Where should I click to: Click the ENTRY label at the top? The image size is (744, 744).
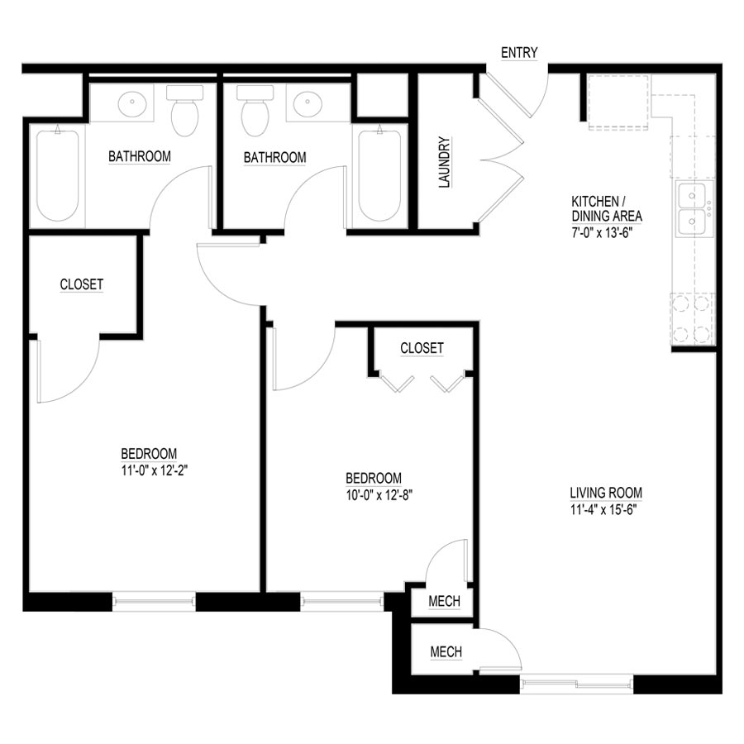coord(519,53)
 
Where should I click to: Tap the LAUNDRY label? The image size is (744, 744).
coord(444,163)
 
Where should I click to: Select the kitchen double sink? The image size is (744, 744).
coord(693,210)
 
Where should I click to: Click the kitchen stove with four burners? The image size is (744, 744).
coord(692,318)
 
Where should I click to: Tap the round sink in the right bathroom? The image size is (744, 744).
coord(308,105)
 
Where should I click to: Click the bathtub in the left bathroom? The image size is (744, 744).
coord(57,174)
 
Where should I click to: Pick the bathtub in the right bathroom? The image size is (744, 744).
coord(380,174)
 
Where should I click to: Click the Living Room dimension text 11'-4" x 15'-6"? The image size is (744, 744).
coord(606,508)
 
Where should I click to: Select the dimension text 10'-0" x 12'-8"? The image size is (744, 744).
coord(374,494)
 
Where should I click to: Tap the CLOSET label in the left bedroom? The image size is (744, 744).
coord(82,284)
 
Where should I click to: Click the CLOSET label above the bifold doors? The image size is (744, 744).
coord(422,348)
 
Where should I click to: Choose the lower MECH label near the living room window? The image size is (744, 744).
coord(446,652)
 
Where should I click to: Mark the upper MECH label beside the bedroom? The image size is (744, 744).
coord(444,601)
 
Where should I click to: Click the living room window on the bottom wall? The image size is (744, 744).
coord(576,683)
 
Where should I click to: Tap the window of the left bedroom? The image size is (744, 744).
coord(154,601)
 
